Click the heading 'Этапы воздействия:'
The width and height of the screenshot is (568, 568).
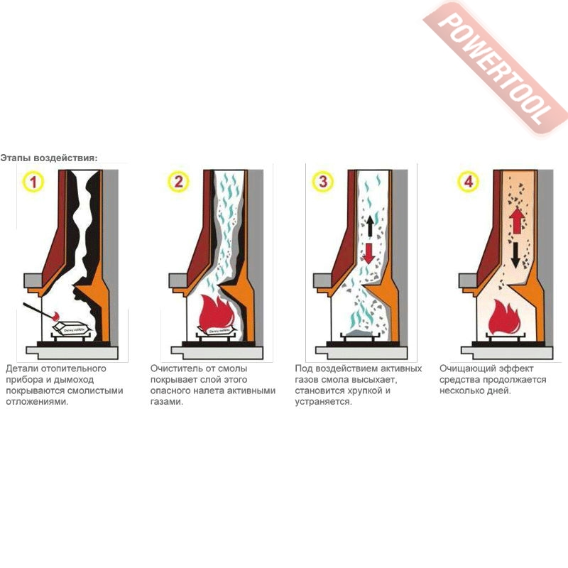(49, 158)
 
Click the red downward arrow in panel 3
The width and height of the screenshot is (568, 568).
(368, 252)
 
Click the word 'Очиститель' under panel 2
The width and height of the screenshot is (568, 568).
(175, 369)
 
